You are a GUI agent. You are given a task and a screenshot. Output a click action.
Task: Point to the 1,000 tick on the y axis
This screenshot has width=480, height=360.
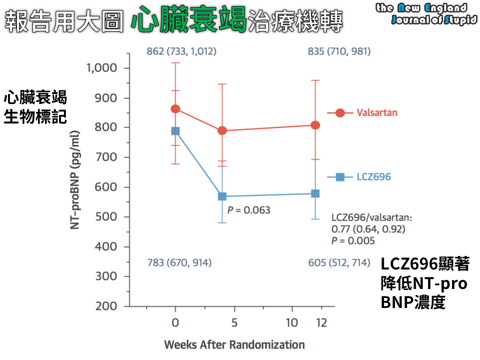coord(102,68)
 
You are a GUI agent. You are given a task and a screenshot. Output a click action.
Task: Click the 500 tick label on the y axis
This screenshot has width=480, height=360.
coord(106,217)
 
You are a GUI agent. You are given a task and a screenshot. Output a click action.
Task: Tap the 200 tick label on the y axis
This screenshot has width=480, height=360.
coord(106,306)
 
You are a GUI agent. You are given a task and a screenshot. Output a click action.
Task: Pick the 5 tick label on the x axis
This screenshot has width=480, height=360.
coord(233,322)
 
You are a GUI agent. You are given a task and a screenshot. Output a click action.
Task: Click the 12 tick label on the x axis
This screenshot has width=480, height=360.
coord(321,322)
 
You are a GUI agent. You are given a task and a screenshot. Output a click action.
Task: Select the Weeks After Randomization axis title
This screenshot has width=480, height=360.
coord(234,344)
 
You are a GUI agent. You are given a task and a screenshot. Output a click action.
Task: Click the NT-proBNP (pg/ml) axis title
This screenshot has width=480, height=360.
coord(75,180)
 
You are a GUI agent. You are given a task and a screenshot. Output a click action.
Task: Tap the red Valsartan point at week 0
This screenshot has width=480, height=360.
coord(175,109)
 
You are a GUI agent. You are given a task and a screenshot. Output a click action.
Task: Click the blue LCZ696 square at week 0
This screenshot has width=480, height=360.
coord(175,131)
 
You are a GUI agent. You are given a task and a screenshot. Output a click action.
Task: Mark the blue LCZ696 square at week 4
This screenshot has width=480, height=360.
coord(222,196)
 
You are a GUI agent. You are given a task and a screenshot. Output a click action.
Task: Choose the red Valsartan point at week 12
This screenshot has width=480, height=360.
coord(315,125)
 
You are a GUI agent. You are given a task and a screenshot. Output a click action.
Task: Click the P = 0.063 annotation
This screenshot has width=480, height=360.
coord(248,210)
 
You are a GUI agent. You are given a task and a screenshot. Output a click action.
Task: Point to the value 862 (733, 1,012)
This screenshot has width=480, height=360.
coord(181,51)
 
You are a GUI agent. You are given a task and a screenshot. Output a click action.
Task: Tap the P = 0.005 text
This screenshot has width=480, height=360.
coord(353,241)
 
